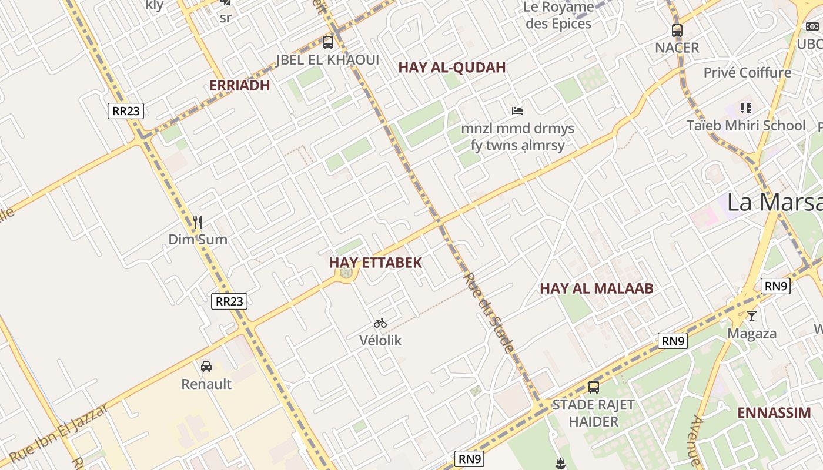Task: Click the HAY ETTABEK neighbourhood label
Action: pos(376,263)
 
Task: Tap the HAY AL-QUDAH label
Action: pos(452,68)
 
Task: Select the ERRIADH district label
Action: pos(239,86)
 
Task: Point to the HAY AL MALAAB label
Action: pos(597,288)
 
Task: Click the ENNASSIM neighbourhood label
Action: pos(774,412)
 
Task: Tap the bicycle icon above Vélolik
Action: pos(380,323)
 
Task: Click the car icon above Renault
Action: pos(206,367)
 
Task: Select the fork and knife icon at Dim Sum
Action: pos(198,222)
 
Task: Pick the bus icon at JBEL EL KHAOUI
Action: pos(328,42)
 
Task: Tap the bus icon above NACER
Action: pos(677,30)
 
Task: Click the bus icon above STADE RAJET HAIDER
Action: pos(594,387)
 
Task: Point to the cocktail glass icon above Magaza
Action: pos(752,316)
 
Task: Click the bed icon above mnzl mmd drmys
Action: pos(517,110)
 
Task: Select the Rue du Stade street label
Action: pos(489,313)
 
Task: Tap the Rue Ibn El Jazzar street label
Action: pos(59,432)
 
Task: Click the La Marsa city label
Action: pos(774,202)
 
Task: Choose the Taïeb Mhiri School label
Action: pos(746,126)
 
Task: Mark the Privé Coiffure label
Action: pos(748,73)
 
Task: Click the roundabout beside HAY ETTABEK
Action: pos(347,273)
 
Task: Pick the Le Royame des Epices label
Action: pos(558,16)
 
